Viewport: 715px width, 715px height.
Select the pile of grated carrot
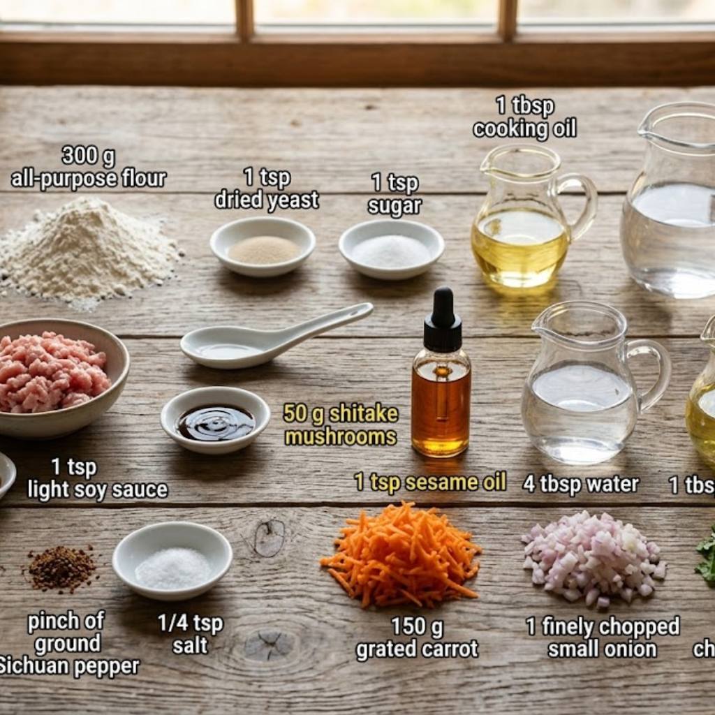[402, 555]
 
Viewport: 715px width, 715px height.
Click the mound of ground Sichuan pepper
[61, 567]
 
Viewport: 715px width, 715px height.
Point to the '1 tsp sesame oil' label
[430, 482]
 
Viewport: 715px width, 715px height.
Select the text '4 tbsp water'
[581, 484]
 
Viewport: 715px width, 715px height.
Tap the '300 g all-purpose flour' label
[89, 167]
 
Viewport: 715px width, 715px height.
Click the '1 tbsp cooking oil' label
[524, 117]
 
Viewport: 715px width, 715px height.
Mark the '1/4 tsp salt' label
[190, 633]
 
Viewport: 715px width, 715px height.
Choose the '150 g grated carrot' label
[417, 637]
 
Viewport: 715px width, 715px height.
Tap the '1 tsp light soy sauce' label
[97, 478]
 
